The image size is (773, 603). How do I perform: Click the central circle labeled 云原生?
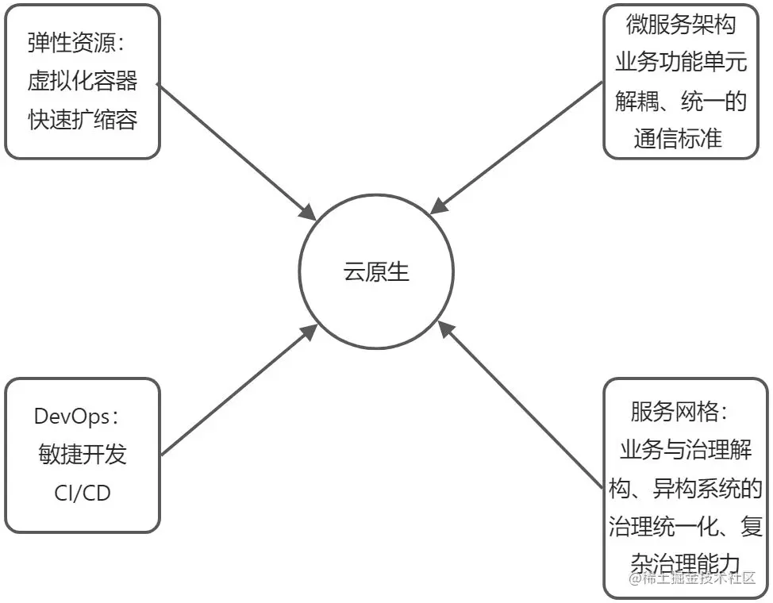(x=375, y=272)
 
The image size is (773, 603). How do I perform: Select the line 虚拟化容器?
(x=83, y=81)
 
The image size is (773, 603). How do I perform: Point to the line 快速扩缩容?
(x=83, y=119)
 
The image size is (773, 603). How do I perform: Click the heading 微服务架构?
(x=680, y=25)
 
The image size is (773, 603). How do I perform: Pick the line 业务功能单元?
(x=680, y=63)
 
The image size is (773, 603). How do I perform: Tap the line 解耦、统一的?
(x=680, y=101)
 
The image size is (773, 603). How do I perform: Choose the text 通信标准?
(x=679, y=138)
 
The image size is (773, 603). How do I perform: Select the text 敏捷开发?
(x=83, y=454)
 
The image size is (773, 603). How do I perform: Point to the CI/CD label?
(x=83, y=492)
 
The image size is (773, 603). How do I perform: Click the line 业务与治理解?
(x=684, y=451)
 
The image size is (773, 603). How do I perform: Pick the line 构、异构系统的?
(x=684, y=489)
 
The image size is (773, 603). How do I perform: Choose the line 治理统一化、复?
(x=684, y=526)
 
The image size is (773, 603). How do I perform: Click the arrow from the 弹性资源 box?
(x=238, y=150)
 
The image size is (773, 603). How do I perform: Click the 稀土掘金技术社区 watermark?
(x=691, y=578)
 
